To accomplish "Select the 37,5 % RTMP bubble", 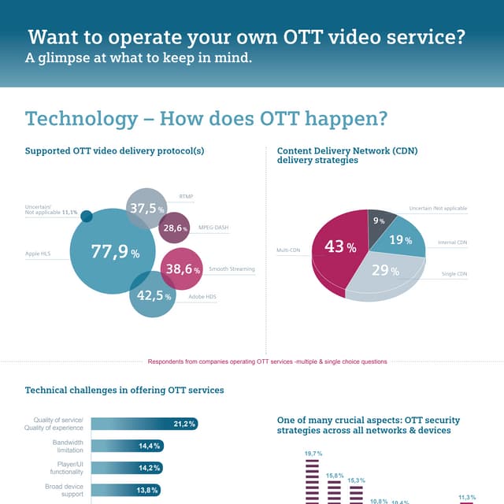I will point(146,207).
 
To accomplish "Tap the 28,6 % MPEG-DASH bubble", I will point(174,228).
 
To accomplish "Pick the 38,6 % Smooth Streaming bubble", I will point(181,269).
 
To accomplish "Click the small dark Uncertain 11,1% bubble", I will point(87,217).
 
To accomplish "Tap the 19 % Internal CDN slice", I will point(399,241).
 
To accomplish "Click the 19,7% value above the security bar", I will point(313,454).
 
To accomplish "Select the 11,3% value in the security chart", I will point(467,497).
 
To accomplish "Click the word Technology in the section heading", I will point(81,119).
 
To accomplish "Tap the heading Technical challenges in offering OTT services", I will point(124,390).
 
